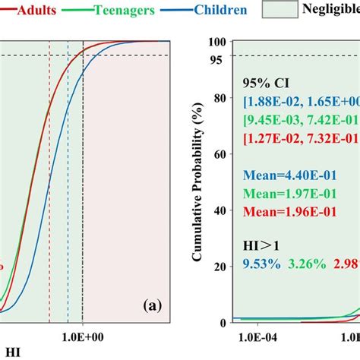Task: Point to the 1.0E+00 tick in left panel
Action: tap(83, 335)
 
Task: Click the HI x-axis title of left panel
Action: tap(9, 352)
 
